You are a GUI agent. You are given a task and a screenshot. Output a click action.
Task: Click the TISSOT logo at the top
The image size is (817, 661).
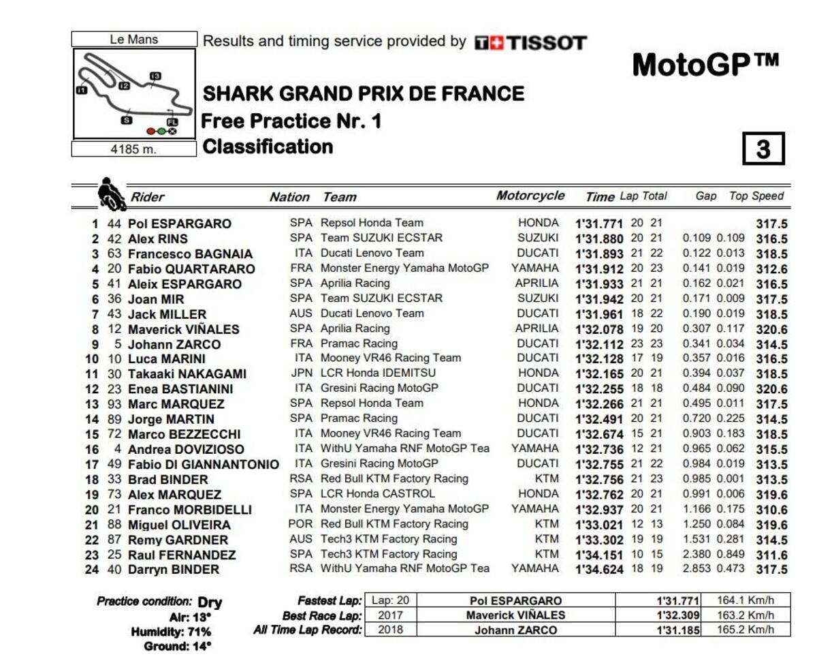coord(530,43)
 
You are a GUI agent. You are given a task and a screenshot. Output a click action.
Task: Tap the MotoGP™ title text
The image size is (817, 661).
coord(705,65)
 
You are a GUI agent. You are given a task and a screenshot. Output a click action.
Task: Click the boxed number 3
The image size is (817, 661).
coord(763,149)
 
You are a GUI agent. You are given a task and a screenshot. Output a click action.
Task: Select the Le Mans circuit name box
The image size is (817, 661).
coord(133,40)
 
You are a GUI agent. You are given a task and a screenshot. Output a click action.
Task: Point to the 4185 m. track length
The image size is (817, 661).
coord(133,149)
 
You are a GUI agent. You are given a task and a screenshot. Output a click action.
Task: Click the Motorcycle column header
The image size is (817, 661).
coord(530,196)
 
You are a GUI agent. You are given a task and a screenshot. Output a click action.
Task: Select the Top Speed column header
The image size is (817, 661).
coord(756,196)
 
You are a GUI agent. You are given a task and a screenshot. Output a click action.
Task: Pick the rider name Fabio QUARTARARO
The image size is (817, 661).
coord(191,269)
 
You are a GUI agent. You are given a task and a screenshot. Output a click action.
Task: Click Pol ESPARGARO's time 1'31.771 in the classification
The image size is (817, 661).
coord(600,224)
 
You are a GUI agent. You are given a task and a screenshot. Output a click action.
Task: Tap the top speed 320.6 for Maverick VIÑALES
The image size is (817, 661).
coord(771,330)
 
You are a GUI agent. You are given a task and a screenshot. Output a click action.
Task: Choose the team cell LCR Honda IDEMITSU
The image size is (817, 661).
coord(378,373)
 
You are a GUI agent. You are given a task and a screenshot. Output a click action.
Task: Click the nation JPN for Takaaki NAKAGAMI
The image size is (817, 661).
coord(301,373)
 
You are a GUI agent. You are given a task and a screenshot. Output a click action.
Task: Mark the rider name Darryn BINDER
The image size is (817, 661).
coord(174,570)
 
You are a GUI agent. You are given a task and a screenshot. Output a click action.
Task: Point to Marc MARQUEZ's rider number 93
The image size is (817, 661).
coord(114,404)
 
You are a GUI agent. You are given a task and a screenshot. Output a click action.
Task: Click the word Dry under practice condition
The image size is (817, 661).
coord(210,602)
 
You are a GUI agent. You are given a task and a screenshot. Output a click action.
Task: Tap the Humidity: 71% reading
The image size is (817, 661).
coord(171,632)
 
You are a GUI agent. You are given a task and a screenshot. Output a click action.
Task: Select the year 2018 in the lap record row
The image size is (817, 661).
coord(390,630)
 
